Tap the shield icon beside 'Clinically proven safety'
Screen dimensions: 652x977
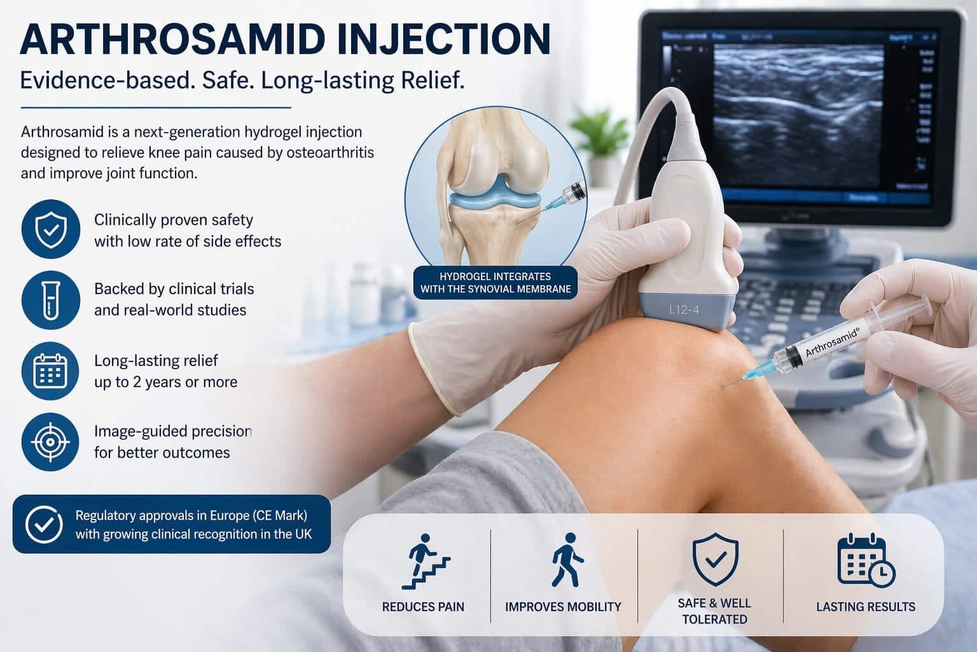(50, 230)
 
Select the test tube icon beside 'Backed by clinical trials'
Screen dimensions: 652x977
(50, 299)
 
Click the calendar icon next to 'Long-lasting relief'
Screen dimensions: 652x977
(50, 371)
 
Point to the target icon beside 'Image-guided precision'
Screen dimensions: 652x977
(50, 441)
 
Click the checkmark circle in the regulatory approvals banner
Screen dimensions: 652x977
(44, 524)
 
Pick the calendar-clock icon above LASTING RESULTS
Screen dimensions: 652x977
(865, 560)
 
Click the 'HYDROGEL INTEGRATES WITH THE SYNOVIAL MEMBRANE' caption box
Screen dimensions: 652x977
(495, 283)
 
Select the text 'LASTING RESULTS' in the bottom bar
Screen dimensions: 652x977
(865, 607)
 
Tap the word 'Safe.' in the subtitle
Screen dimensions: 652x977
(216, 81)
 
